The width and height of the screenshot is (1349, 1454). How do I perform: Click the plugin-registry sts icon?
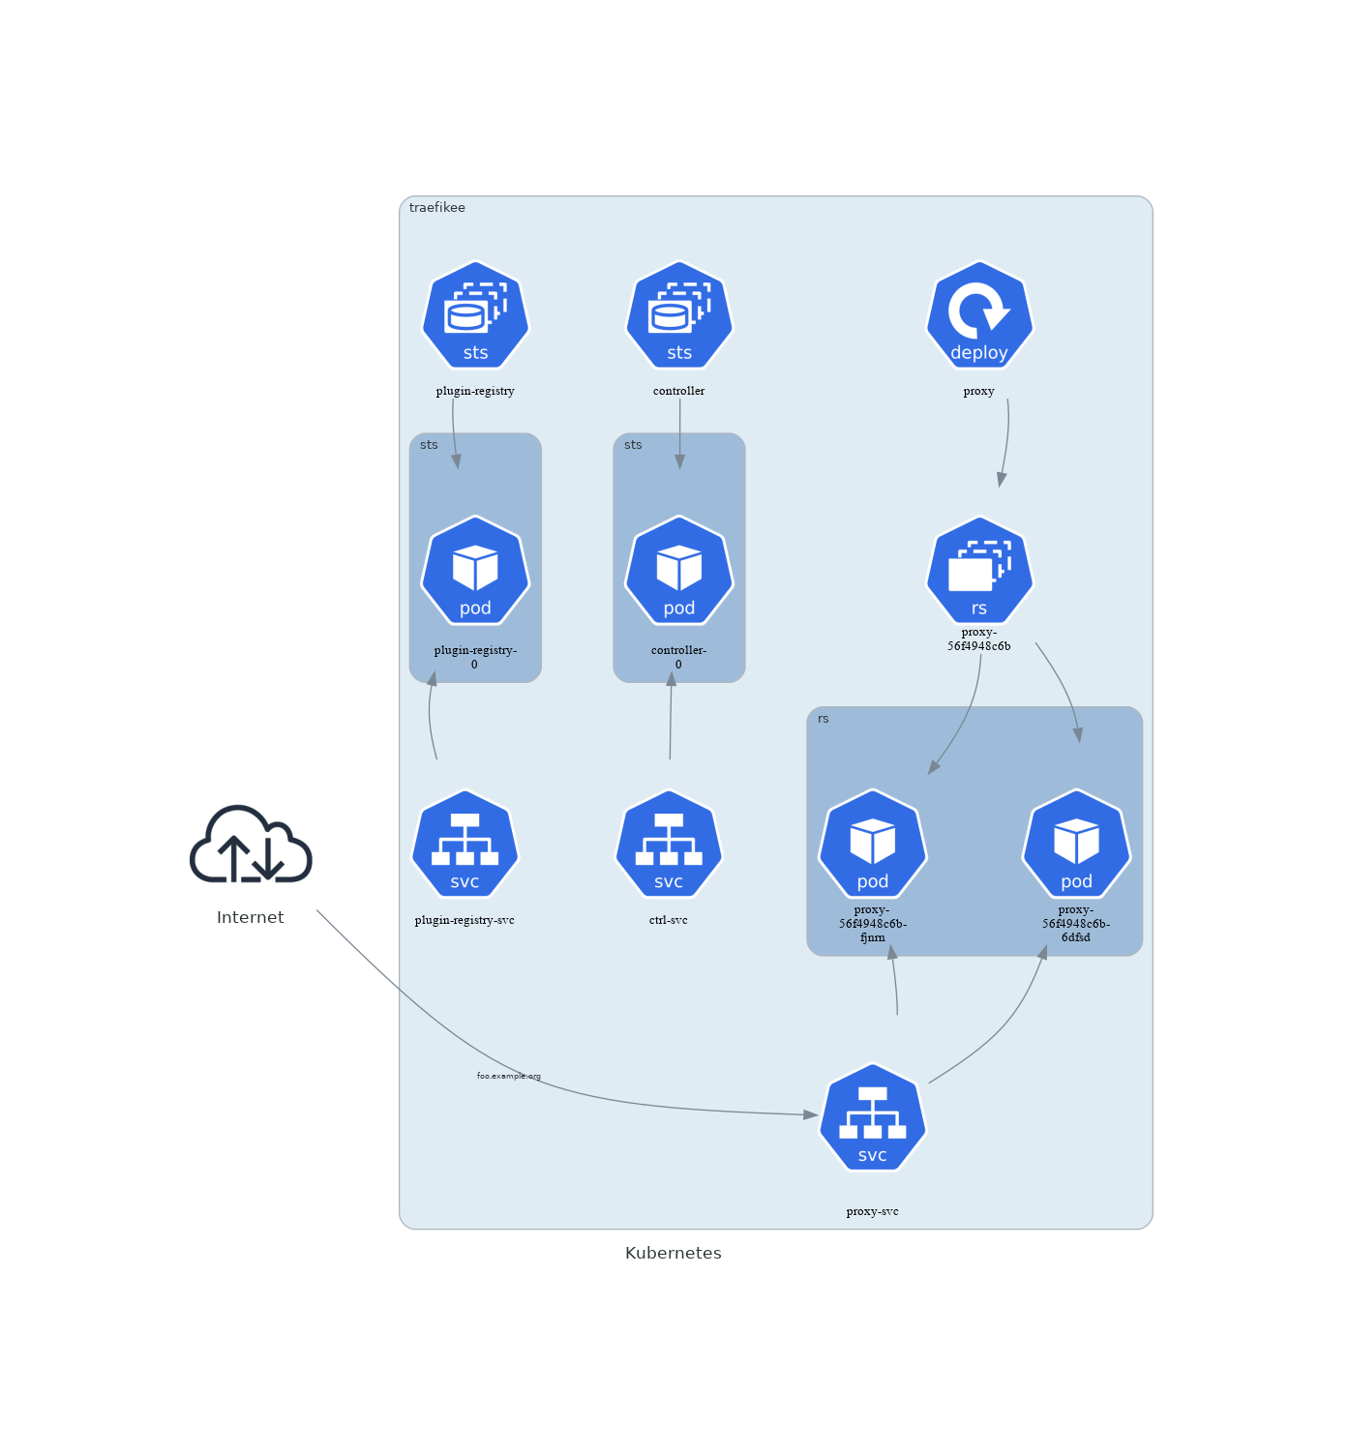475,315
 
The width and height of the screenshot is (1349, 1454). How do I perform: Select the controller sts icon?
679,315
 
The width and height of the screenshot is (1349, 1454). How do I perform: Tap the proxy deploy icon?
979,315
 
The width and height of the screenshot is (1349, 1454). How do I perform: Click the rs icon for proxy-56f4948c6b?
979,571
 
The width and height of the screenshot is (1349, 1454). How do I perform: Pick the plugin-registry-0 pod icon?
475,571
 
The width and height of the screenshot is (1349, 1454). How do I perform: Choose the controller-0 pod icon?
679,571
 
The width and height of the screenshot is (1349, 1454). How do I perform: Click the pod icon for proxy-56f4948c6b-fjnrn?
873,845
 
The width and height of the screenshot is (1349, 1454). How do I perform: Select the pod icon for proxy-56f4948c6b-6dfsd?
1076,845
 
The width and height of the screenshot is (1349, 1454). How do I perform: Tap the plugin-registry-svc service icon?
465,845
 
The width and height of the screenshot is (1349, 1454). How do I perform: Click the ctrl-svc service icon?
669,845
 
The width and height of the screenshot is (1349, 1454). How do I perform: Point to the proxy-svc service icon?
873,1118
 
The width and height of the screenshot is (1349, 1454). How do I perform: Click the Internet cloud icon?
251,845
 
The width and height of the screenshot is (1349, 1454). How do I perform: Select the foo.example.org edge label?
509,1076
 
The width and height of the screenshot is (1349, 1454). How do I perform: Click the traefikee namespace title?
437,208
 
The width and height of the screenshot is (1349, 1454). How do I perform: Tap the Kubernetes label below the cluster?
674,1253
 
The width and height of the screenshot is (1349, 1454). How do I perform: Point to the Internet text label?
251,917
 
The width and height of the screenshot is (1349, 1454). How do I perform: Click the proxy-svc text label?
873,1211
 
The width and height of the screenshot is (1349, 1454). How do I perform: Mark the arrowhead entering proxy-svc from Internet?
811,1114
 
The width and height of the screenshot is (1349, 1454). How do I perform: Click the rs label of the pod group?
824,719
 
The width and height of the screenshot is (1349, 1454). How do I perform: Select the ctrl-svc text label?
669,920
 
